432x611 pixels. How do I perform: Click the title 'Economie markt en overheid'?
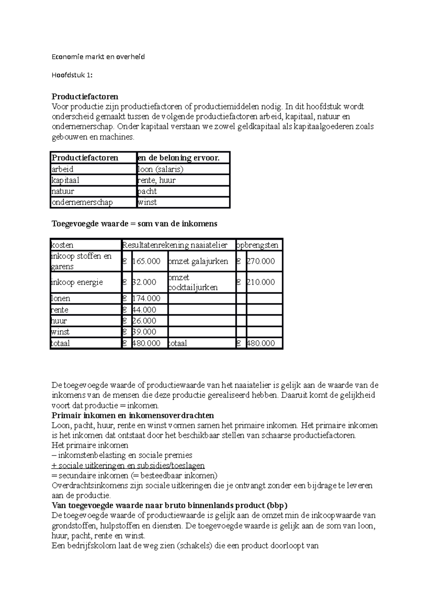[98, 56]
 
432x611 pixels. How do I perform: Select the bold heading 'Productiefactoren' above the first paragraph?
[85, 96]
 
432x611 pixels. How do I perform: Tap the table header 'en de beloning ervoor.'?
[179, 158]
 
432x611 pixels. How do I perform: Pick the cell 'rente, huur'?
[157, 180]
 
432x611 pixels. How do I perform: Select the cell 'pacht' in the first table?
[148, 191]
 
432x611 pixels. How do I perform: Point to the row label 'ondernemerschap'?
[82, 202]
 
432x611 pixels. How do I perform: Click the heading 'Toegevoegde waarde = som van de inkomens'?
[134, 224]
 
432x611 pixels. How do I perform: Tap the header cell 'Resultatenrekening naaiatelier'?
[175, 245]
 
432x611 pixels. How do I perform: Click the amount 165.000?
[147, 261]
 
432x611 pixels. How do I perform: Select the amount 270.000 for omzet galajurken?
[261, 261]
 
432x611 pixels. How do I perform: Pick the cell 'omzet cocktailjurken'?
[193, 282]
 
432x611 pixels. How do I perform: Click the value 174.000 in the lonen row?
[147, 298]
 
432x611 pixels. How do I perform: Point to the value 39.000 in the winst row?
[144, 332]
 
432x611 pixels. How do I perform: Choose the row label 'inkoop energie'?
[77, 282]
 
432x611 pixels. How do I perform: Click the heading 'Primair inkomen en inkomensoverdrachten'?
[133, 416]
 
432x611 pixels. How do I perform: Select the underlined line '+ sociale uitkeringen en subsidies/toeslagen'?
[128, 466]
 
